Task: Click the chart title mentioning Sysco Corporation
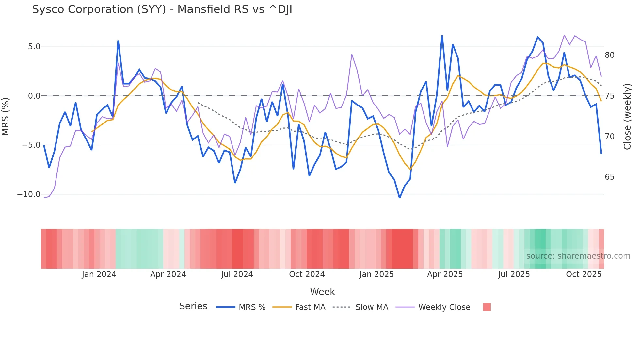[x=162, y=9]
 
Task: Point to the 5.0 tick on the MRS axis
[x=34, y=47]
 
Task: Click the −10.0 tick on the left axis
[x=29, y=194]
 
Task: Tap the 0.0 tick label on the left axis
[x=34, y=96]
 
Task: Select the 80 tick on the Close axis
[x=609, y=55]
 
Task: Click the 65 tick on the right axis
[x=609, y=177]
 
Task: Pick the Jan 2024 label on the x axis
[x=99, y=274]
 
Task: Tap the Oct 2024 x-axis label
[x=307, y=274]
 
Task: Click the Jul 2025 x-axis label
[x=514, y=274]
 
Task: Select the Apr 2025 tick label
[x=445, y=274]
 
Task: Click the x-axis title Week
[x=322, y=292]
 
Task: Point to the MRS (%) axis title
[x=6, y=116]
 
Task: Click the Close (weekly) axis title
[x=627, y=116]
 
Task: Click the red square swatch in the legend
[x=487, y=307]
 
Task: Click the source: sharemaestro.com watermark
[x=578, y=256]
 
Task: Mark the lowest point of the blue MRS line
[x=399, y=198]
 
